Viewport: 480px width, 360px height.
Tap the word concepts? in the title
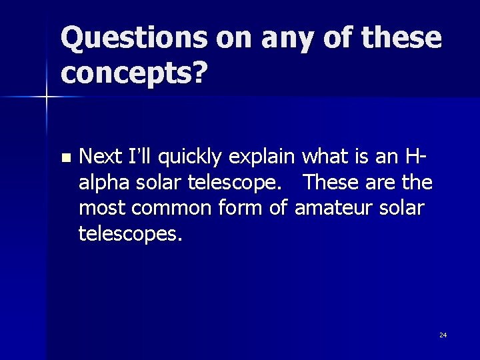(x=133, y=74)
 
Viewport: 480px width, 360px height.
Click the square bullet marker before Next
(x=65, y=158)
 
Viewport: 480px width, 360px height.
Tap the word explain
(x=263, y=158)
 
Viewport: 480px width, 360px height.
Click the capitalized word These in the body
(x=332, y=182)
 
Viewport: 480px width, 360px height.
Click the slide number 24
(x=443, y=335)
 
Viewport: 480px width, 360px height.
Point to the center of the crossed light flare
(x=46, y=97)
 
